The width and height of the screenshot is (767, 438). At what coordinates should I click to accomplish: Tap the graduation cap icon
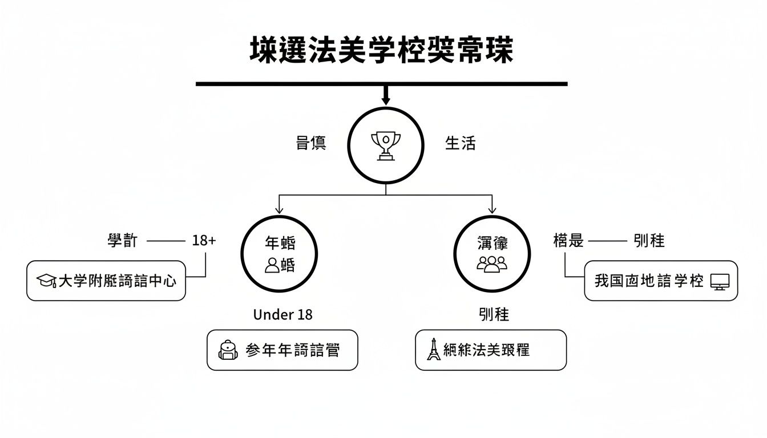46,281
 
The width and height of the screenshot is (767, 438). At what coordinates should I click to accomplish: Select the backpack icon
228,350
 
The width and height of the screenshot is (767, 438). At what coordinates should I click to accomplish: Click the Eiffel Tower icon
434,350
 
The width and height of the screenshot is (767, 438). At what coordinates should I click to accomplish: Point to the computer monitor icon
720,281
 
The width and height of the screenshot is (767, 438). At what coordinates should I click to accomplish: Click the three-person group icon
492,263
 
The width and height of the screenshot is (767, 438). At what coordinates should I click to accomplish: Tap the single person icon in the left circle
273,265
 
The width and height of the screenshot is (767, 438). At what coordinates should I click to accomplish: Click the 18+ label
204,241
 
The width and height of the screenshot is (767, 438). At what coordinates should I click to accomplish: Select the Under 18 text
282,314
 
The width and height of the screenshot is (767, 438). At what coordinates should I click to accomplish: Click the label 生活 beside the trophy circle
460,143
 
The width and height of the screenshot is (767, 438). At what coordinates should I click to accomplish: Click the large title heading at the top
382,50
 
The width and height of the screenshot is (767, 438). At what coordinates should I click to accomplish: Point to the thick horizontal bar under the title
382,84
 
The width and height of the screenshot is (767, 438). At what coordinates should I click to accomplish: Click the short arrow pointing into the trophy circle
386,96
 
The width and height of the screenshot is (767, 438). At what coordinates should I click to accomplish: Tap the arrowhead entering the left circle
279,209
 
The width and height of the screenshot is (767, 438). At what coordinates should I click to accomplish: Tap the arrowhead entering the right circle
492,209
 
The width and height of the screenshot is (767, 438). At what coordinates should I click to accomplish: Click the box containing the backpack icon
282,350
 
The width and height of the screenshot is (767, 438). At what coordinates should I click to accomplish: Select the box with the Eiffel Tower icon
491,350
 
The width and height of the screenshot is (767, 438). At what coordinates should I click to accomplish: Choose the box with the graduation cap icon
106,281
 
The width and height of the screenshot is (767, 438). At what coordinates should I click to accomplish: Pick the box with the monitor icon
661,281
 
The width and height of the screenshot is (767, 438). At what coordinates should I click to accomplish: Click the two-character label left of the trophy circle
311,143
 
